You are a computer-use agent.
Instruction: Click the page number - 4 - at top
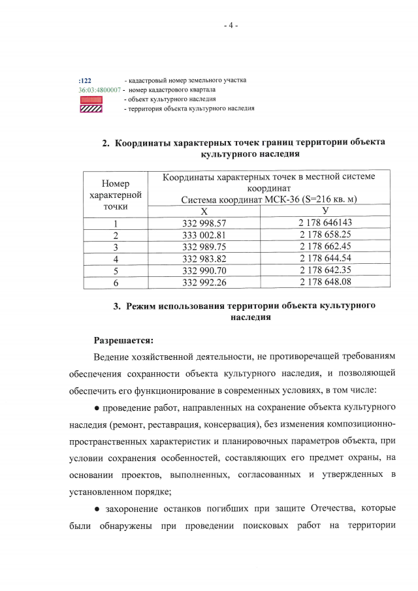coord(231,25)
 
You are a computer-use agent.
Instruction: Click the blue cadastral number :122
coord(84,80)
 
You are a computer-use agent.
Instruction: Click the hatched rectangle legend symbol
coord(91,108)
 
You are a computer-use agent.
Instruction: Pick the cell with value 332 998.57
coord(204,223)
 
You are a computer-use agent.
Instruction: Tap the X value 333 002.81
coord(204,235)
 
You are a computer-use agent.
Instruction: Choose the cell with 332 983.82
coord(204,258)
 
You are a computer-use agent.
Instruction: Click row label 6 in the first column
coord(115,281)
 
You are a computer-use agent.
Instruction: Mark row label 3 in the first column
coord(115,246)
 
